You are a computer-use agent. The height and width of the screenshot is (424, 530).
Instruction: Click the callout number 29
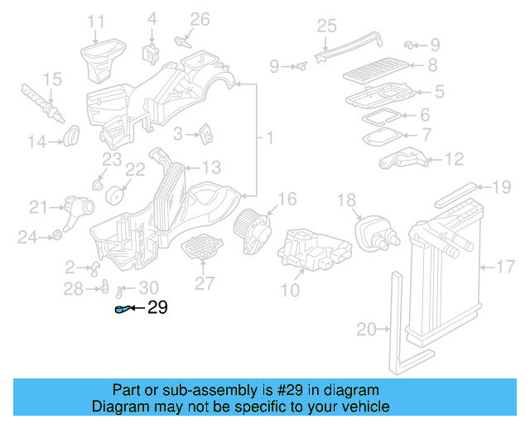(157, 308)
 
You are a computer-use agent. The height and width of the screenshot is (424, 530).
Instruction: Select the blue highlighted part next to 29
(123, 310)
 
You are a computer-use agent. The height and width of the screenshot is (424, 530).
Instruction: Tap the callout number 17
(505, 267)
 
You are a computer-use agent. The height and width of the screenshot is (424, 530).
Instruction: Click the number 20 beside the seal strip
(366, 330)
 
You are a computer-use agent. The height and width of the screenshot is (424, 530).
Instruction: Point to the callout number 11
(96, 21)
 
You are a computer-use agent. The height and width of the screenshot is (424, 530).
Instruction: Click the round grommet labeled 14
(72, 132)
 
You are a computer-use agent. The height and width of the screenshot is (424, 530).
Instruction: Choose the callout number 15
(52, 79)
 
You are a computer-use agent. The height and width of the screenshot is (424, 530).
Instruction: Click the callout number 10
(290, 290)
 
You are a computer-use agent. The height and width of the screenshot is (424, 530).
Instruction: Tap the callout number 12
(455, 159)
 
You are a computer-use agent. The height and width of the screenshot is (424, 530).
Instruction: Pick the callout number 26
(200, 19)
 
